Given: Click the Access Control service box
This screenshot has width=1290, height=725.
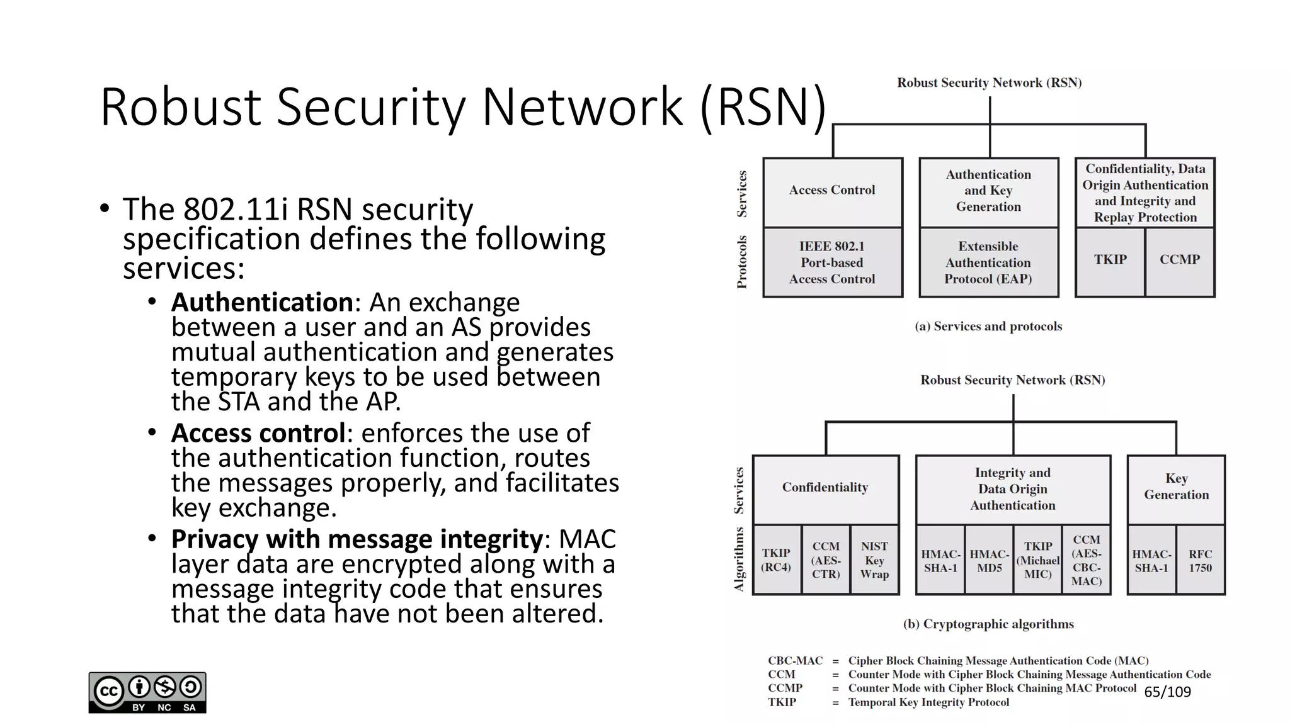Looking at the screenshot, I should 832,192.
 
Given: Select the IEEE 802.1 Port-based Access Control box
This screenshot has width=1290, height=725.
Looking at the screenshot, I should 832,262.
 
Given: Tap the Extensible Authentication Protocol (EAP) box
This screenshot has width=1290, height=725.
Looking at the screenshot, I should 988,262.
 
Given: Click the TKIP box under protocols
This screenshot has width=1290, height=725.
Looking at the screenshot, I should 1110,261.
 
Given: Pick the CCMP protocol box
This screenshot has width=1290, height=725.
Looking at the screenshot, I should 1180,261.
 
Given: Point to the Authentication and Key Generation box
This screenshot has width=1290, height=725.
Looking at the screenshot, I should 988,191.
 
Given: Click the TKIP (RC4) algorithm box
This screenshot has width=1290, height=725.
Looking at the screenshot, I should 776,559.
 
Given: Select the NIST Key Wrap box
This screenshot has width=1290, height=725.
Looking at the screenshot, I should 874,559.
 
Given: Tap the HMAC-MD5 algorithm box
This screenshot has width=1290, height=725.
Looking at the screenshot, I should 989,560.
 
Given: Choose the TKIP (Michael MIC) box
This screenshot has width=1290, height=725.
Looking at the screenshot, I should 1037,559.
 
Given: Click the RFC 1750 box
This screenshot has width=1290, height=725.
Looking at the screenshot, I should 1200,560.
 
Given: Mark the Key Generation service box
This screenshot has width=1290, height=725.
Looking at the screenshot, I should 1176,488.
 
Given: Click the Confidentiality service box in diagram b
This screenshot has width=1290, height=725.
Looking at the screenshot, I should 825,488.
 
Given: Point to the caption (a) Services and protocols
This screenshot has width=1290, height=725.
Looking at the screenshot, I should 988,326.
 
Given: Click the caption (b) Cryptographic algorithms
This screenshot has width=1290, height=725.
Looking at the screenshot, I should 988,624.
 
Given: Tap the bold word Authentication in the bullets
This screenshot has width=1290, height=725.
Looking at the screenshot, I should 261,303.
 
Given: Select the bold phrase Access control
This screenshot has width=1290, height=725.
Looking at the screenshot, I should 258,433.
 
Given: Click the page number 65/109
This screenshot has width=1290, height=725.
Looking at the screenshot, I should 1167,692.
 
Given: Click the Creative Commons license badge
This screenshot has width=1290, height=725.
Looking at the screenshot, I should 147,692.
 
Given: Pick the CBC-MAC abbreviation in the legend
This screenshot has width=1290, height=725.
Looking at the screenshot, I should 795,660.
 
